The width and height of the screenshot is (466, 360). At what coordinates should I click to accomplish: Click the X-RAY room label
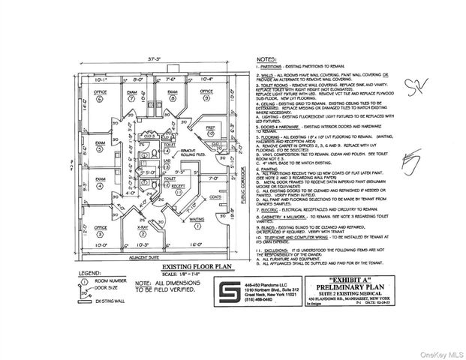[x=142, y=226]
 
